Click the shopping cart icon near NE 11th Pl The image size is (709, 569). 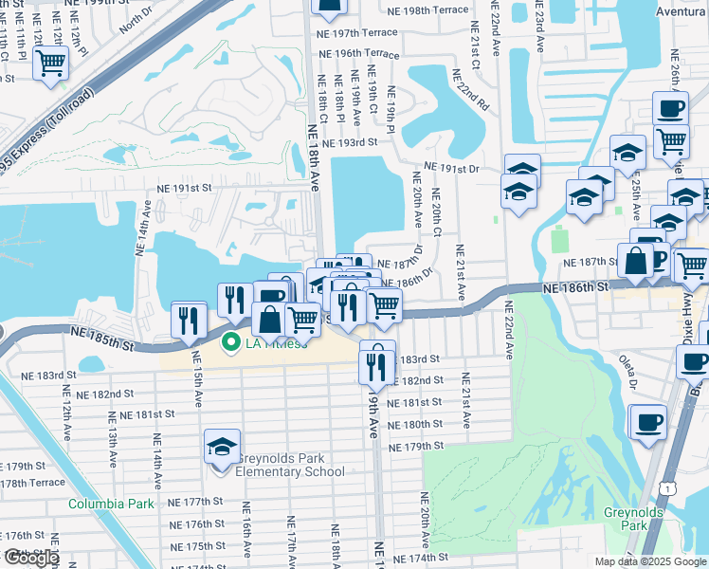point(50,64)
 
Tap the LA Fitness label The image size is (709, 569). point(278,342)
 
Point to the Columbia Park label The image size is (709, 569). point(111,503)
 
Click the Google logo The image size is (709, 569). point(30,559)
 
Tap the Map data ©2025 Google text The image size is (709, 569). point(648,561)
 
